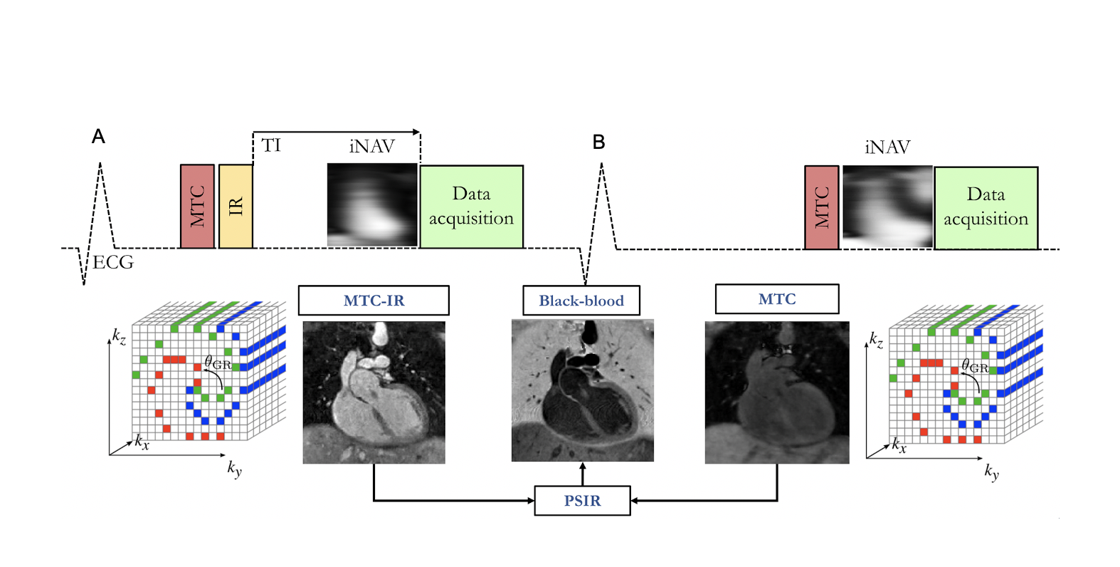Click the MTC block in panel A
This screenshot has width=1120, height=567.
tap(197, 207)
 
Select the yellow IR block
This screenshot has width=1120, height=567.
tap(236, 207)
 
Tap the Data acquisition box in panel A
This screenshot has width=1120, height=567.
tap(471, 207)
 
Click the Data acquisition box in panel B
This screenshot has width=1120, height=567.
tap(986, 207)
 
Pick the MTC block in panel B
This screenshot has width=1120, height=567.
tap(821, 207)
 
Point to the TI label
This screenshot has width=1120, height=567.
tap(271, 145)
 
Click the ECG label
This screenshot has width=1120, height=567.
tap(113, 263)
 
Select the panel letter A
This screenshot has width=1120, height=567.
tap(98, 136)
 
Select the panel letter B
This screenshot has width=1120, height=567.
tap(599, 142)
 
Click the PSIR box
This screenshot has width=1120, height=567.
tap(582, 501)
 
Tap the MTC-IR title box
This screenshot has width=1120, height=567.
tap(374, 301)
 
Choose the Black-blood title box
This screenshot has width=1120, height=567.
tap(581, 301)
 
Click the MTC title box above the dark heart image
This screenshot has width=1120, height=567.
tap(777, 299)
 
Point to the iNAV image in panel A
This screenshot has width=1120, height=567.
tap(372, 205)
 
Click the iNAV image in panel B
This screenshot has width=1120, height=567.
tap(887, 207)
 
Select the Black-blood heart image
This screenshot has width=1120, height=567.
tap(582, 390)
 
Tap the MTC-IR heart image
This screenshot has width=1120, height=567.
tap(374, 392)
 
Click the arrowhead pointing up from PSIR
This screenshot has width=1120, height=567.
tap(583, 467)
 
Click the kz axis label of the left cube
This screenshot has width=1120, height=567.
tap(119, 336)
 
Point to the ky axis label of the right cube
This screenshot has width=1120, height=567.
tap(991, 472)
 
